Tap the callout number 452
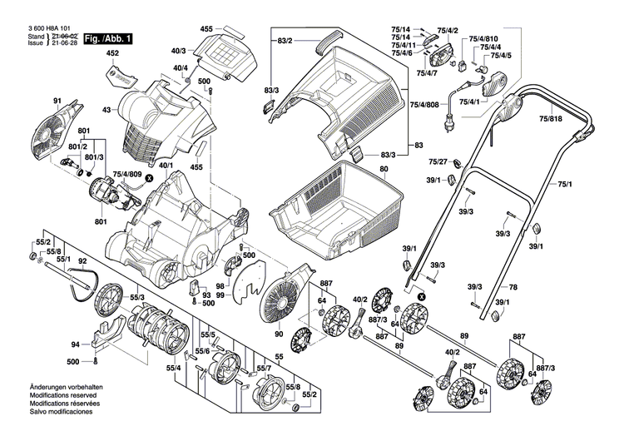[x=113, y=54]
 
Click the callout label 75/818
[x=550, y=119]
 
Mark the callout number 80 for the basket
[x=384, y=169]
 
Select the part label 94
[x=75, y=344]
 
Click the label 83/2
[x=284, y=40]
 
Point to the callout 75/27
[x=438, y=161]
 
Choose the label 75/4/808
[x=426, y=105]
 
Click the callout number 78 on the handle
[x=513, y=287]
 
